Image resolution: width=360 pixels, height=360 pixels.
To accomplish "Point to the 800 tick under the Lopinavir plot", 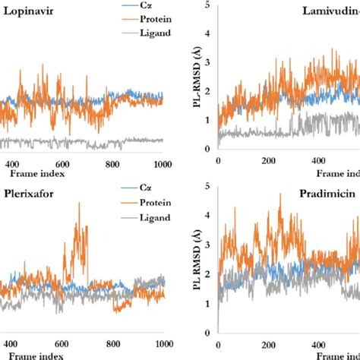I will pos(112,163).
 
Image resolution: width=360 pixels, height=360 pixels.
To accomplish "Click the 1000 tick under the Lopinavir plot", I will pos(161,163).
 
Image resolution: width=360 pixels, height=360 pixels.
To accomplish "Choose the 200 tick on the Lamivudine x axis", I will pos(267,162).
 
